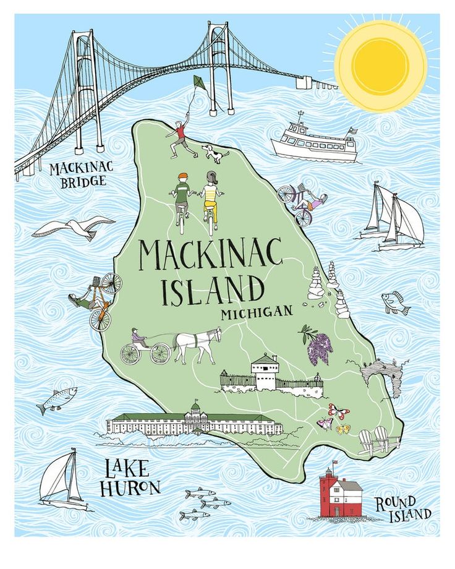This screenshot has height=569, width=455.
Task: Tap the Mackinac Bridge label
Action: pyautogui.click(x=78, y=174)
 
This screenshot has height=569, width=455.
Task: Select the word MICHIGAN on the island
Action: pyautogui.click(x=256, y=312)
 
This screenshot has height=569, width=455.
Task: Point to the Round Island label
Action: pyautogui.click(x=403, y=508)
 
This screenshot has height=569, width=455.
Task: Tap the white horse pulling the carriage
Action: pyautogui.click(x=197, y=345)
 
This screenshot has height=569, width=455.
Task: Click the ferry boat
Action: pyautogui.click(x=314, y=142)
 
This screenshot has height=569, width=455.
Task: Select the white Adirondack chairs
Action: pyautogui.click(x=378, y=440)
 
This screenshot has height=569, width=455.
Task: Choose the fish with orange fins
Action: pyautogui.click(x=394, y=303)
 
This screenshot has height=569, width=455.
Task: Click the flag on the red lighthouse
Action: pyautogui.click(x=335, y=462)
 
